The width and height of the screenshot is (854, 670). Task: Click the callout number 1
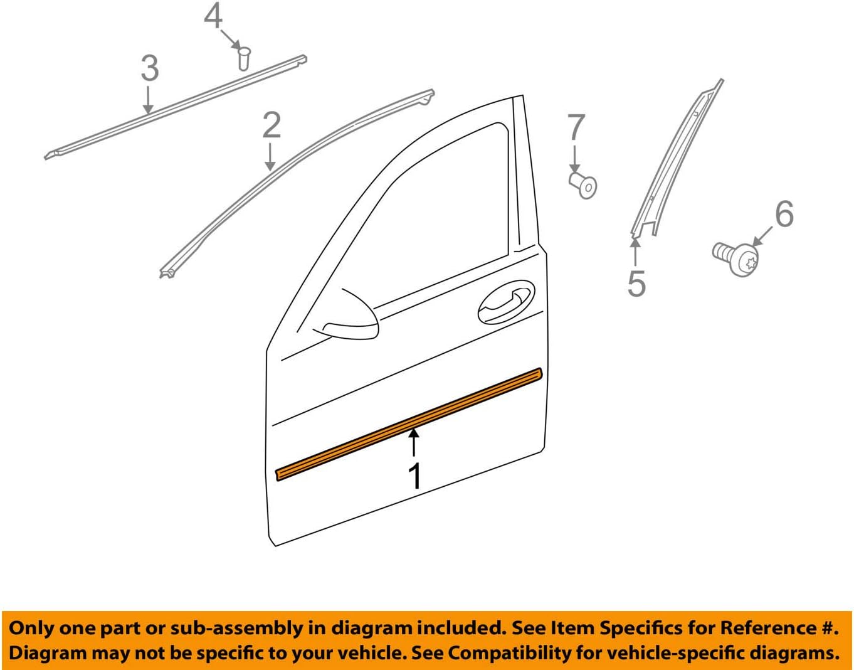click(x=414, y=476)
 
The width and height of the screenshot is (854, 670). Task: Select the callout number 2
click(x=271, y=125)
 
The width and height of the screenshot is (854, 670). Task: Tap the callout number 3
click(x=149, y=68)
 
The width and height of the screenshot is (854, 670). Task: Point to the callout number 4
click(x=213, y=16)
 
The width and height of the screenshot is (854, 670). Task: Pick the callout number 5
click(x=636, y=284)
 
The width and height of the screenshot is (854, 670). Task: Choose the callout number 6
click(x=784, y=215)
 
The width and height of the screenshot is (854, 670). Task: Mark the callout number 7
click(x=576, y=128)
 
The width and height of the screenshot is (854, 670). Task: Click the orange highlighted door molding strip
click(x=408, y=425)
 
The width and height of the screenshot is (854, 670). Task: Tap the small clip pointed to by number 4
click(x=244, y=57)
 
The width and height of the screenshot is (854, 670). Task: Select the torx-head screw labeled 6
click(x=738, y=257)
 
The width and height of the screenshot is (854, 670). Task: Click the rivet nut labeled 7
click(x=584, y=185)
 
